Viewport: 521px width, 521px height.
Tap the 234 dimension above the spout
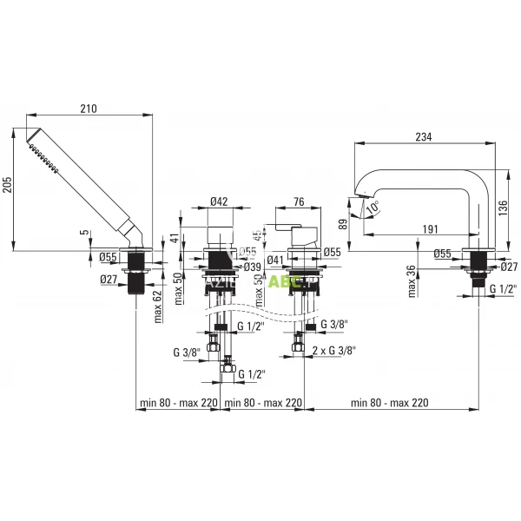(423, 136)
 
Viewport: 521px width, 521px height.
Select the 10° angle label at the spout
(373, 209)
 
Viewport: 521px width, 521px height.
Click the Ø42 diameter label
(219, 201)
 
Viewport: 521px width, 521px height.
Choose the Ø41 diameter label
(277, 259)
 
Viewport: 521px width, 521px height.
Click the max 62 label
(159, 307)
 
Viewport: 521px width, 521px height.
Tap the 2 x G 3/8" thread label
(333, 349)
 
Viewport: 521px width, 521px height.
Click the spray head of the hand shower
(36, 147)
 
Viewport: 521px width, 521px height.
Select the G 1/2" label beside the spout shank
(505, 288)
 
